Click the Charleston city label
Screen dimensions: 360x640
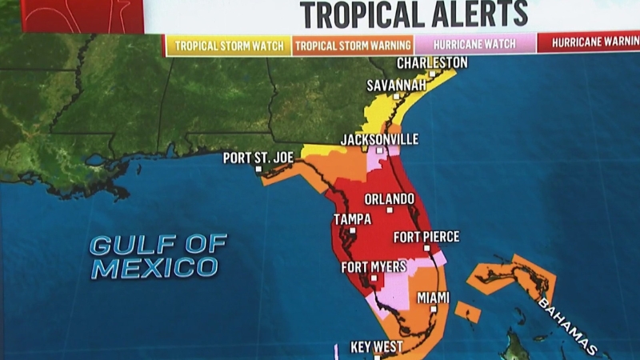click(433, 63)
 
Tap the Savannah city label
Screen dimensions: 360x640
click(395, 85)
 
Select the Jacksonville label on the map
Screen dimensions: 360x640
click(379, 139)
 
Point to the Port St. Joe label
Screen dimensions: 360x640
click(258, 158)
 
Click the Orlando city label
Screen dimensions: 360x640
click(390, 198)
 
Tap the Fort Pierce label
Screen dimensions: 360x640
click(426, 237)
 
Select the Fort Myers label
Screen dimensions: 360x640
click(374, 266)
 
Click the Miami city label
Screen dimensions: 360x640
click(433, 298)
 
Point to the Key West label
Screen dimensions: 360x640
click(377, 347)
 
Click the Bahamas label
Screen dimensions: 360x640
click(567, 327)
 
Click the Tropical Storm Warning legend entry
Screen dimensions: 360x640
click(353, 46)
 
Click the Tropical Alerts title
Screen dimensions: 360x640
click(414, 14)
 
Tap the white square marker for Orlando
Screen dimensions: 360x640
click(390, 210)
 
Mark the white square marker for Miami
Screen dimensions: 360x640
click(434, 309)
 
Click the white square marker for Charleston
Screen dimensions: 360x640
click(432, 74)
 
